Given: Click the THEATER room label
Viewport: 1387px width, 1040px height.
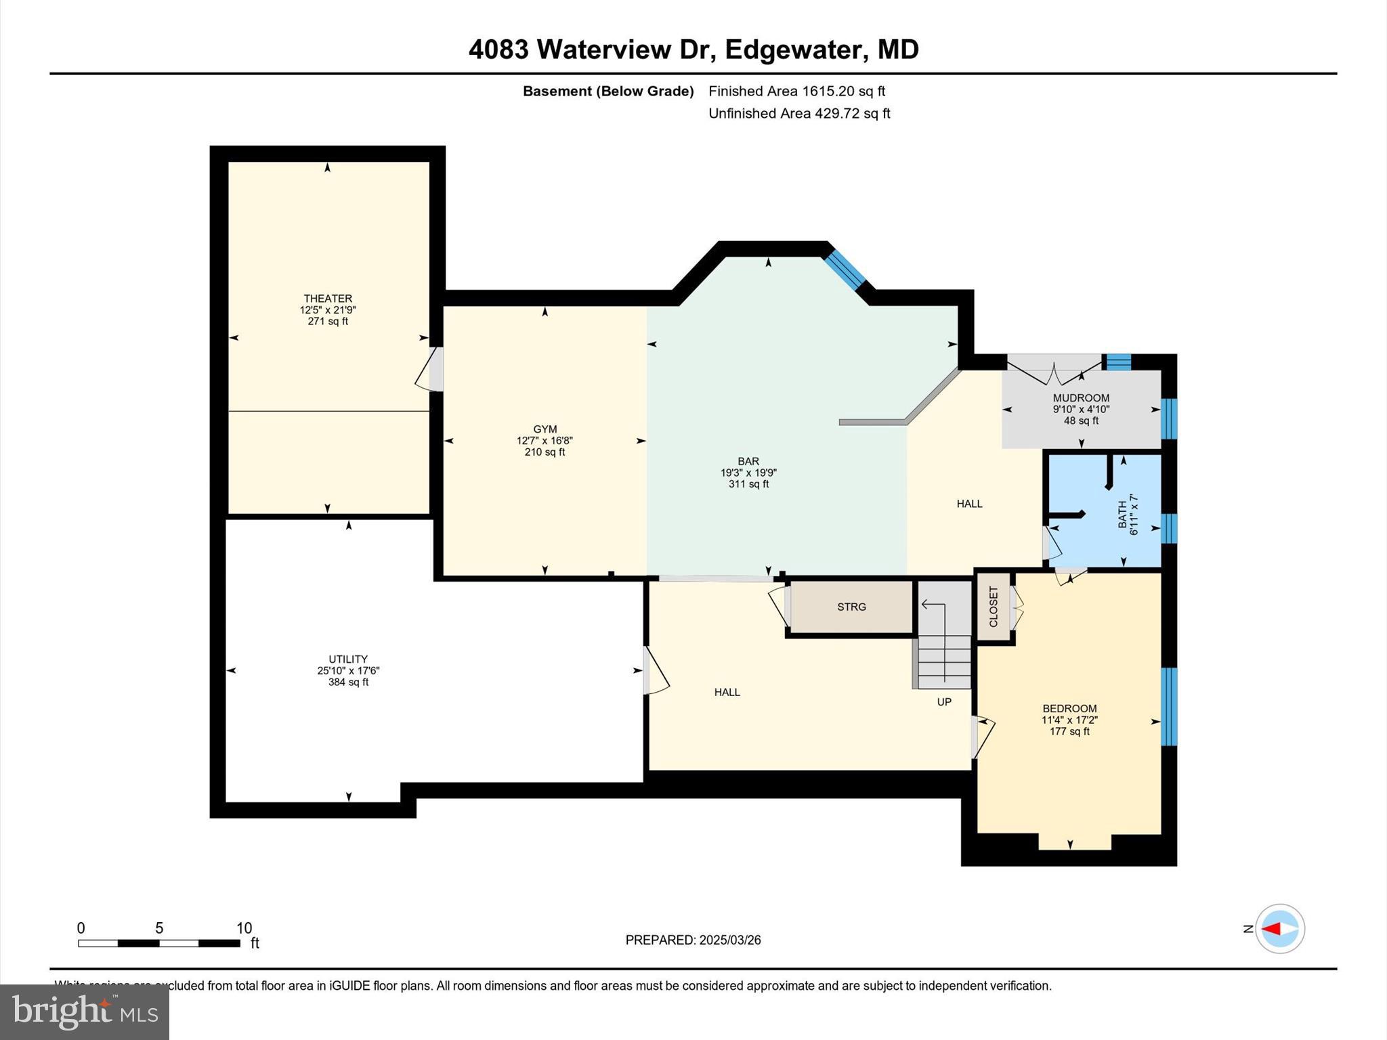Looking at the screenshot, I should pyautogui.click(x=328, y=299).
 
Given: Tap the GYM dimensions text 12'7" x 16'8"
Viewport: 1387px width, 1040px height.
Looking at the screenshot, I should pyautogui.click(x=545, y=441).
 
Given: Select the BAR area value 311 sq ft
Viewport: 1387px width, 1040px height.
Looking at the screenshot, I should pyautogui.click(x=748, y=484).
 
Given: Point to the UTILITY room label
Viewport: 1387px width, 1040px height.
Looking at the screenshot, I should pyautogui.click(x=348, y=659).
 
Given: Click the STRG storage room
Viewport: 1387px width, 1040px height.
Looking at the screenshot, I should pyautogui.click(x=851, y=607).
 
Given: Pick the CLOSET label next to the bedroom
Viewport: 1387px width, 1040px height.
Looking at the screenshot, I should pyautogui.click(x=994, y=607).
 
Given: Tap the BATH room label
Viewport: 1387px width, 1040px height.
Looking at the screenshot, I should pyautogui.click(x=1122, y=515).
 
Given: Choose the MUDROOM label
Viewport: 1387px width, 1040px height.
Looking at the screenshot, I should pyautogui.click(x=1081, y=398).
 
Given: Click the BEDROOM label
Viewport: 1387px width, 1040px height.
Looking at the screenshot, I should pyautogui.click(x=1069, y=709).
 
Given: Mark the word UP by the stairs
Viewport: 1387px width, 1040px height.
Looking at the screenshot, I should pyautogui.click(x=944, y=702).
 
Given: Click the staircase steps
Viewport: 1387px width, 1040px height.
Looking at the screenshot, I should pyautogui.click(x=944, y=660).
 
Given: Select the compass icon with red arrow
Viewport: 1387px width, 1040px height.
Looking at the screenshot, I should pyautogui.click(x=1279, y=929).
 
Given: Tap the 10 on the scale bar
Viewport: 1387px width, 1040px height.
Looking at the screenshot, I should pyautogui.click(x=244, y=928).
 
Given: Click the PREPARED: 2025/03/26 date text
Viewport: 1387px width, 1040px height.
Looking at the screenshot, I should pyautogui.click(x=693, y=940).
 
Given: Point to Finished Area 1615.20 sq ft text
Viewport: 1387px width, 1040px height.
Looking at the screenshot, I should pyautogui.click(x=796, y=91).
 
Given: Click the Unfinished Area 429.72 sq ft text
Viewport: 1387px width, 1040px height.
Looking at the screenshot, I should pyautogui.click(x=799, y=114).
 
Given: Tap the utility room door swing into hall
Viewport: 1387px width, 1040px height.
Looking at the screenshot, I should pyautogui.click(x=654, y=671).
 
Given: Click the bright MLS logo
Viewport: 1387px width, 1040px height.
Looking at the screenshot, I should pyautogui.click(x=85, y=1012).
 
